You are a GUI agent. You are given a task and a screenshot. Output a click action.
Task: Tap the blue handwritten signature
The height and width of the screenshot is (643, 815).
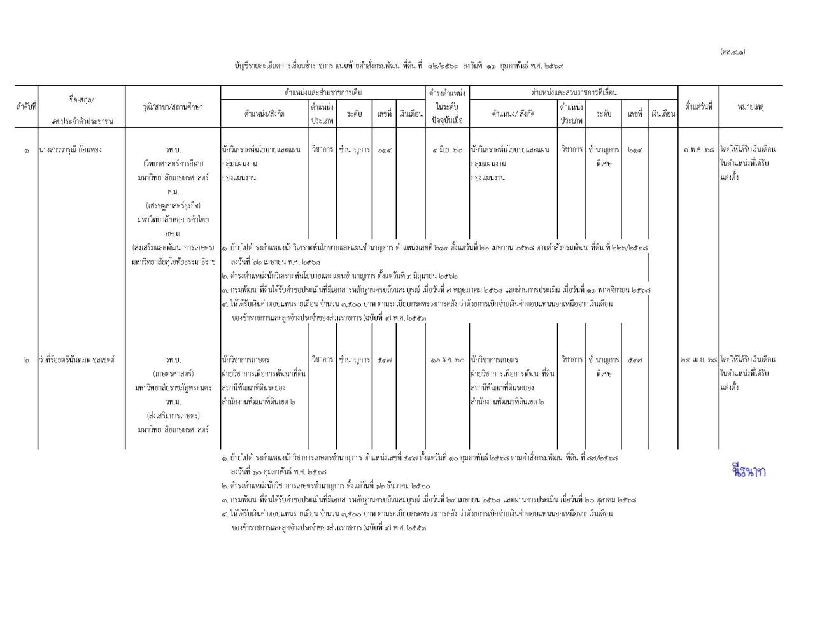pos(749,471)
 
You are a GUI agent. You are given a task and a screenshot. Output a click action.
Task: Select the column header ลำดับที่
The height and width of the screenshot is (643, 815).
pos(26,107)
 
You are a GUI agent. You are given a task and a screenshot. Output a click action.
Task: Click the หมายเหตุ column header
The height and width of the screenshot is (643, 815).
pos(751,107)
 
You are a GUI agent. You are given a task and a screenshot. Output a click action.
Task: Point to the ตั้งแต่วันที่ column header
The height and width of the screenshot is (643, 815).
pos(698,107)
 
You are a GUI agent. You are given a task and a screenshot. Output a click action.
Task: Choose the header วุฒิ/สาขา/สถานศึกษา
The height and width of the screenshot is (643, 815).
pos(173,107)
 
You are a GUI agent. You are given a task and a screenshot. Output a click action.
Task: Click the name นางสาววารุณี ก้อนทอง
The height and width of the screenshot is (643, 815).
pos(70,150)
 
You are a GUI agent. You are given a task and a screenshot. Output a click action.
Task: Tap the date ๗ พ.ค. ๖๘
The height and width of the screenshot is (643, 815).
pos(698,150)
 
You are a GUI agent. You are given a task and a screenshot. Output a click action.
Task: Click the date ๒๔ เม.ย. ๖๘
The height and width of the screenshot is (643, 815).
pos(698,360)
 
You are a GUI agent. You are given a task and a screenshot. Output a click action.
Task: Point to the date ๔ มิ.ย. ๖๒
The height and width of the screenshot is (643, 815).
pos(448,150)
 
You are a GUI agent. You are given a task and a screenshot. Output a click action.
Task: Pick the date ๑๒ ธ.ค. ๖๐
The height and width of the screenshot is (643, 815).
pos(448,360)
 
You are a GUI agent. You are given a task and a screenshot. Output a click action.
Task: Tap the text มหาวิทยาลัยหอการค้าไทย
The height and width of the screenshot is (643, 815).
pos(173,220)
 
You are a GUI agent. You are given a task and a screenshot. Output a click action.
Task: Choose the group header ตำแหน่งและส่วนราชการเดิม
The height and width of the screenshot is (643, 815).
pos(323,93)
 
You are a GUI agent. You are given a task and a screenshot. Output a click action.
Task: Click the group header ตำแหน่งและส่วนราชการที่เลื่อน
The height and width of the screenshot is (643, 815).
pos(574,93)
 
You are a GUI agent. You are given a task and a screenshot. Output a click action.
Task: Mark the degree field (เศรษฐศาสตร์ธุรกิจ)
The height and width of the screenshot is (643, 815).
pos(173,206)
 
